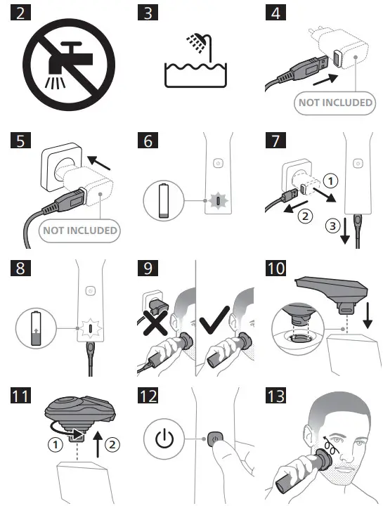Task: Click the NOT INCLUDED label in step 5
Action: [x=79, y=230]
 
